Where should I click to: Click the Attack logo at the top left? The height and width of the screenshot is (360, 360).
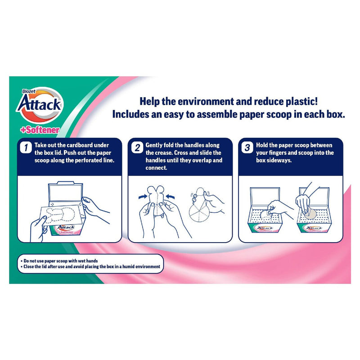point(40,105)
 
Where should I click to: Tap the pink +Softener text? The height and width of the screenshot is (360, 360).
point(40,130)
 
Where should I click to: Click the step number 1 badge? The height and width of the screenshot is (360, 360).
point(26,148)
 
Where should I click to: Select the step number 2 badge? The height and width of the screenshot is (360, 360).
point(137,148)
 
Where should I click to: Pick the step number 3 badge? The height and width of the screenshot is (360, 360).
point(247,148)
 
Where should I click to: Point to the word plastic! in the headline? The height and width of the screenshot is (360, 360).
point(301,102)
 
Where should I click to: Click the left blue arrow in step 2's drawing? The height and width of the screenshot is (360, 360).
point(143,197)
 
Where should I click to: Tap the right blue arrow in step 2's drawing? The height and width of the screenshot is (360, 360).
point(170,197)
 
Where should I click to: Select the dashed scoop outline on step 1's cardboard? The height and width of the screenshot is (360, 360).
point(60,215)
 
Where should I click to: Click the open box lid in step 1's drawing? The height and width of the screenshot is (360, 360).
point(65,193)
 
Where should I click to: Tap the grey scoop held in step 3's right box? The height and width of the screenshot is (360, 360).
point(310,213)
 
